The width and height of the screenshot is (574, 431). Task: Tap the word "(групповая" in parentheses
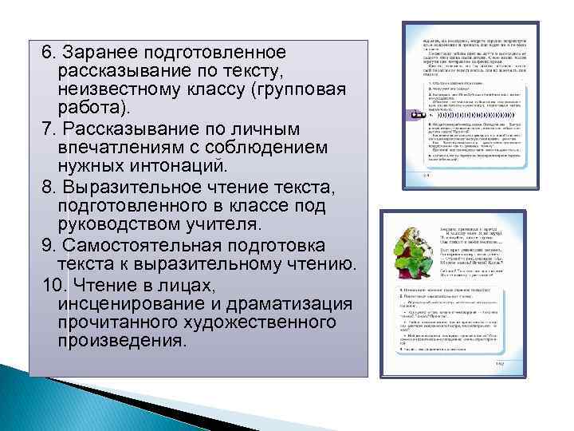298,88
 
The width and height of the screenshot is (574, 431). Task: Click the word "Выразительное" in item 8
132,188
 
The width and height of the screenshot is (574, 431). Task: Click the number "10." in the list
55,283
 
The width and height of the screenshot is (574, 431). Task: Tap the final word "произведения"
121,341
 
